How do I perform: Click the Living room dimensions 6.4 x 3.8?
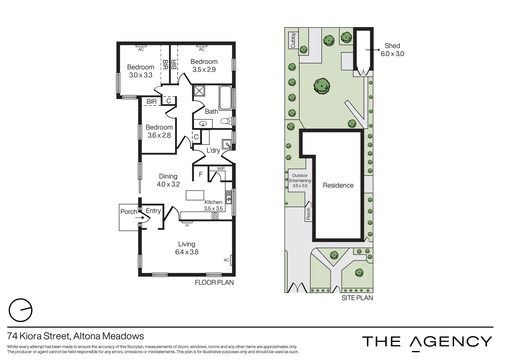coord(187,252)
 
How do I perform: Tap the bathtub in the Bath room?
coord(226,98)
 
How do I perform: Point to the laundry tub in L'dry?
coord(228,144)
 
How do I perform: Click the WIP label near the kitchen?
coord(221,169)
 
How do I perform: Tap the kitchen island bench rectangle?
coord(195,195)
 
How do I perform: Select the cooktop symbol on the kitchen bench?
coord(215,216)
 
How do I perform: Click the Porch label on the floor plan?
coord(128,212)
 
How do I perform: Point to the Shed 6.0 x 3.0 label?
coord(392,50)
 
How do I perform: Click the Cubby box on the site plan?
coord(293,40)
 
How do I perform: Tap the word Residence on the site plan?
coord(338,185)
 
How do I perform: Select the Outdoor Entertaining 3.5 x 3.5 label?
coord(300,180)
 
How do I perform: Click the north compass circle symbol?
coord(20,310)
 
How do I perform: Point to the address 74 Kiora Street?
coord(76,336)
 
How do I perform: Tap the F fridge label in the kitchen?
coord(201,174)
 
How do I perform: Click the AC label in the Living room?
coord(227,260)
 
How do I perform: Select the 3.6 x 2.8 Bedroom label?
coord(159,131)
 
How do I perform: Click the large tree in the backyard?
coord(322,86)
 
